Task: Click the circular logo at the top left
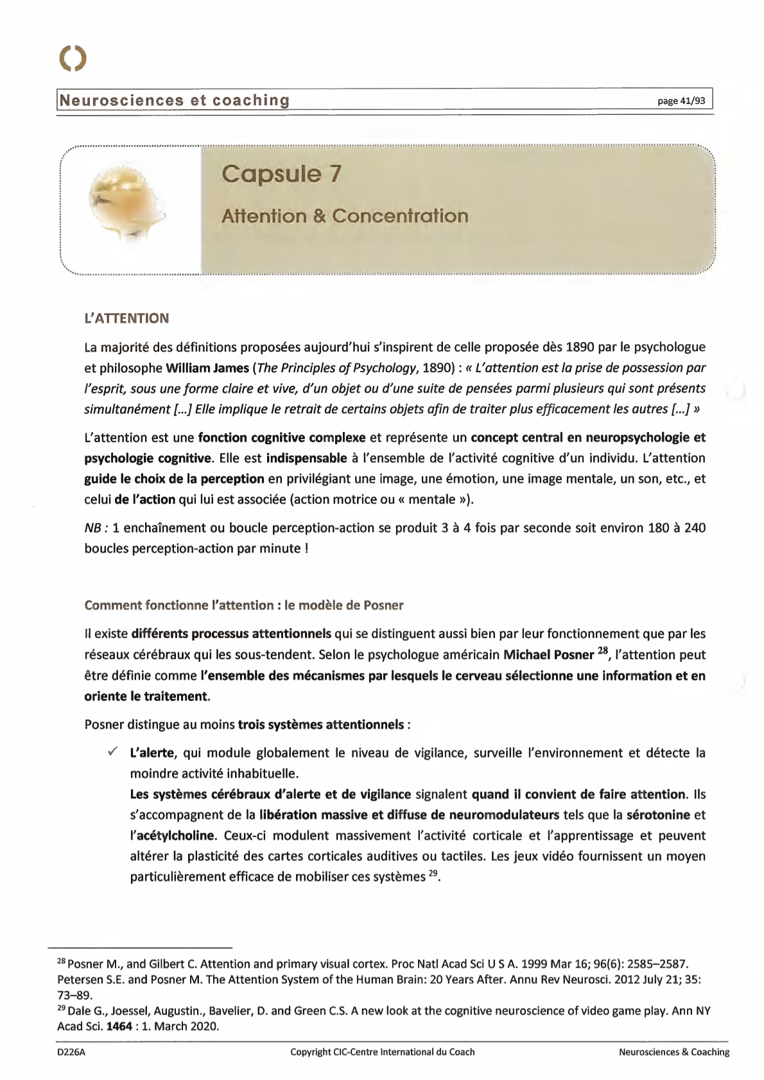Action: (72, 58)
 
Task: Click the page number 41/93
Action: (681, 101)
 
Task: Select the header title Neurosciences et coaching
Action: (174, 100)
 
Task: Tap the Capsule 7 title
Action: (281, 174)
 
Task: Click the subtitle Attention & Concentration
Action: (345, 216)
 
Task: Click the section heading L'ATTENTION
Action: (126, 318)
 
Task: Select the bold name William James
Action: (207, 368)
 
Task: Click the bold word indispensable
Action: (306, 458)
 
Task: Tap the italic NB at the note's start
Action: (93, 528)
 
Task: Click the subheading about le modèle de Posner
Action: (244, 605)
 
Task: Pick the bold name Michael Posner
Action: (548, 655)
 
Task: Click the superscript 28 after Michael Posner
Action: (602, 651)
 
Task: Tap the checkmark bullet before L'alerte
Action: (112, 751)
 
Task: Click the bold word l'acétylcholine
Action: (173, 836)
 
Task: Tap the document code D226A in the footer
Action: (71, 1052)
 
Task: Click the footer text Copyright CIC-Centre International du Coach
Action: (382, 1052)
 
